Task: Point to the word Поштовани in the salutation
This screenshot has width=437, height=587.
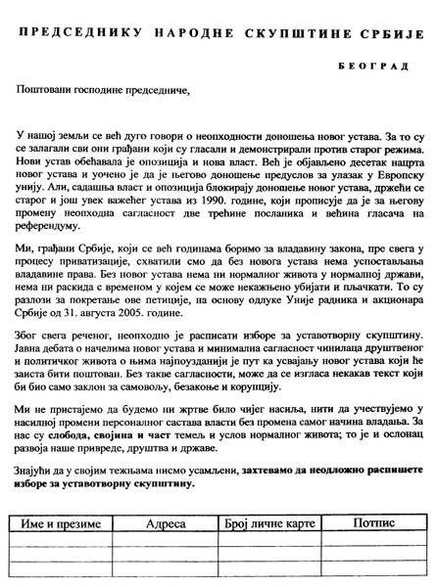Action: [46, 90]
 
